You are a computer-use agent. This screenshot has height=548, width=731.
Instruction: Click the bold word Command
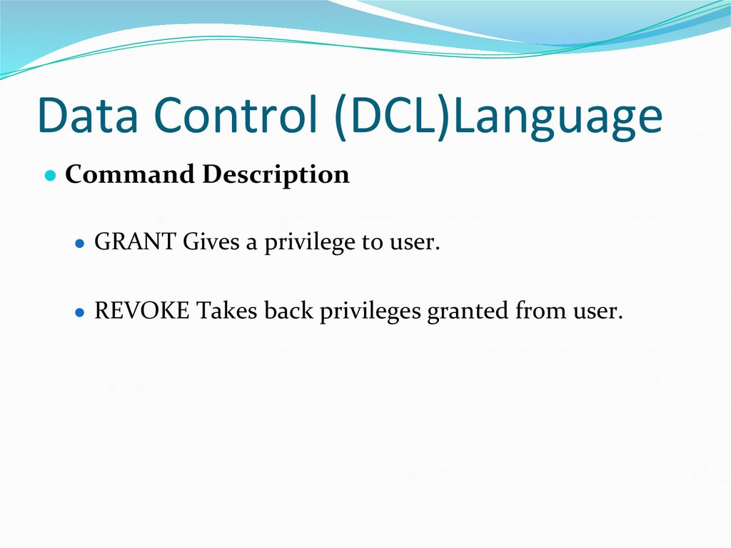tap(130, 175)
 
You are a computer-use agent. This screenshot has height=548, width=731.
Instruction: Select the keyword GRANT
tap(136, 243)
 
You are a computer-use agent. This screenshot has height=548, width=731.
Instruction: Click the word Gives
tap(210, 243)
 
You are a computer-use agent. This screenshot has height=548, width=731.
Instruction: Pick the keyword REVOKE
tap(142, 312)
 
